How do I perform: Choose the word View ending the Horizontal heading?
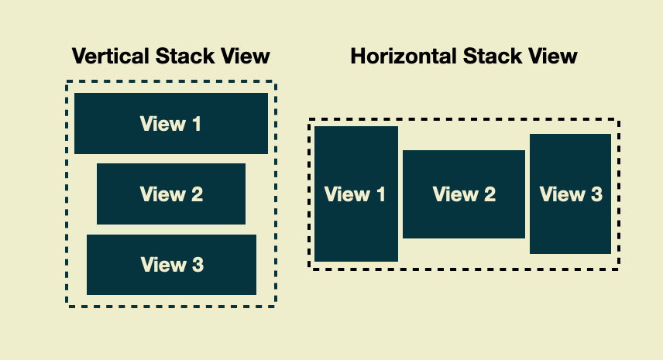pos(551,57)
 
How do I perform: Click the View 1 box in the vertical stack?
pos(171,123)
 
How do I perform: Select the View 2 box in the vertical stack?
pos(171,194)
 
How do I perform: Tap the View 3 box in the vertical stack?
pos(171,265)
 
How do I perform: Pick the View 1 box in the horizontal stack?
pos(356,194)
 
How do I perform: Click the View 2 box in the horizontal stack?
pos(464,194)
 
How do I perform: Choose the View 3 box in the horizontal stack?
pos(571,194)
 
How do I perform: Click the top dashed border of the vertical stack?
pos(171,81)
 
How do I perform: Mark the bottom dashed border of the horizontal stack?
pos(464,269)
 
